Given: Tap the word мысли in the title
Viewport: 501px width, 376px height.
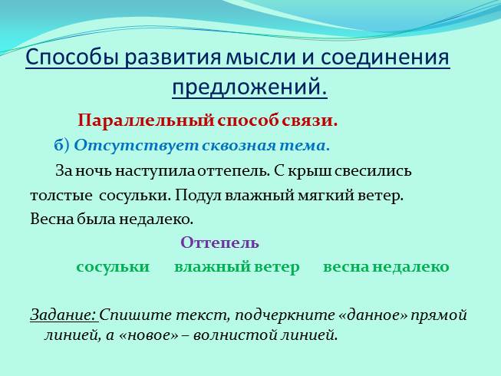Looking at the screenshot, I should coord(260,59).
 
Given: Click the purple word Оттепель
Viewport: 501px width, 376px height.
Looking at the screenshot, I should coord(219,243).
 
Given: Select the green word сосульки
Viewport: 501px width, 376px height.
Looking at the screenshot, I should coord(112,267).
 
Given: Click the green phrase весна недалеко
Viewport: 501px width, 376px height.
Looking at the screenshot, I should coord(385,267).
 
